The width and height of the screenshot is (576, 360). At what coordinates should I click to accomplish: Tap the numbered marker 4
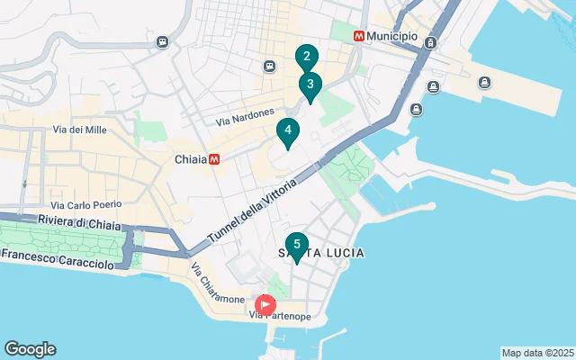(x=288, y=131)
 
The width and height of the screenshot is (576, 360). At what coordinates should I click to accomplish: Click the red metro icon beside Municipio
(x=359, y=36)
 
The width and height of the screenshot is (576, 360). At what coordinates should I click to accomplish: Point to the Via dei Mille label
(x=80, y=130)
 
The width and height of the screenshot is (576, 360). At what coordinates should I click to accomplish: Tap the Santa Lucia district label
(x=320, y=254)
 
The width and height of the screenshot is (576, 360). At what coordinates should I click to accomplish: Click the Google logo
(x=30, y=349)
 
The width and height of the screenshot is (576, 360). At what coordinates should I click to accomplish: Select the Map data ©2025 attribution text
(x=537, y=353)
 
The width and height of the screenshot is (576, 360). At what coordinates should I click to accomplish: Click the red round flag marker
(x=265, y=304)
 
